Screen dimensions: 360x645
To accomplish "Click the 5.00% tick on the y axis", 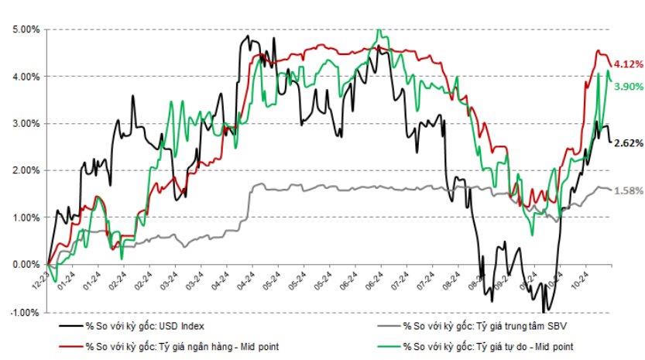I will pyautogui.click(x=26, y=29).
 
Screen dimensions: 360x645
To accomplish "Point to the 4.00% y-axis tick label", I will pyautogui.click(x=26, y=77).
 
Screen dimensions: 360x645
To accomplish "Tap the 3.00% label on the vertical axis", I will pyautogui.click(x=26, y=124).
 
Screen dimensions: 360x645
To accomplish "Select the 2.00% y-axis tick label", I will pyautogui.click(x=26, y=170).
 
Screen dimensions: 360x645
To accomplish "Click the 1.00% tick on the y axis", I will pyautogui.click(x=26, y=218).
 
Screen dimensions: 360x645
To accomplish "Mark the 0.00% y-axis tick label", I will pyautogui.click(x=26, y=265).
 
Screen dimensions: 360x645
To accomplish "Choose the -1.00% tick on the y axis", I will pyautogui.click(x=24, y=312).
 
